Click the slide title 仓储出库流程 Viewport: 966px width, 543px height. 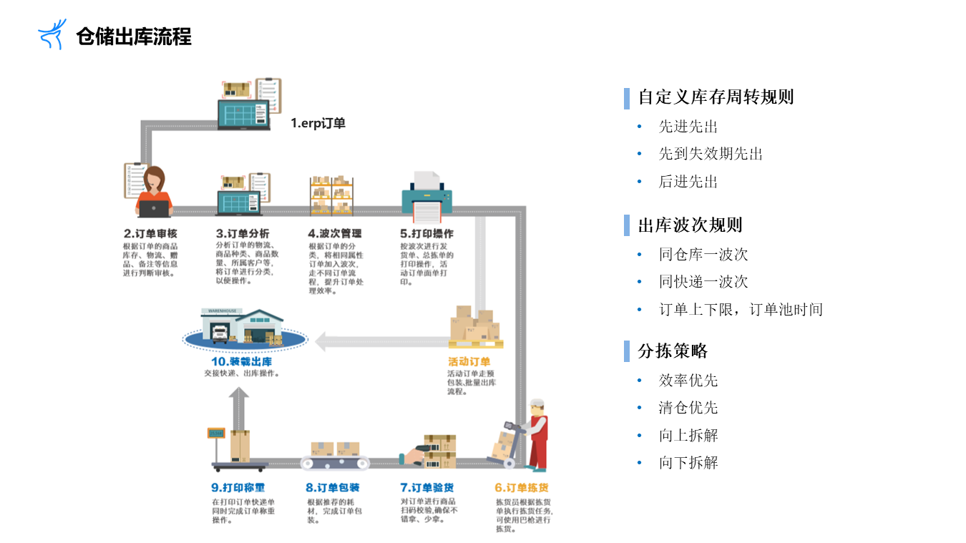pos(134,36)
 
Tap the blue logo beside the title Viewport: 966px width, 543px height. pos(52,34)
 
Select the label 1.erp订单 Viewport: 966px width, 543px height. pos(318,123)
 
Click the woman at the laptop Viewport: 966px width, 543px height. pos(154,192)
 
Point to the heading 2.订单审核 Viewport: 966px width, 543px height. pos(150,233)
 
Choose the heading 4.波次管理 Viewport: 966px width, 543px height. pos(335,233)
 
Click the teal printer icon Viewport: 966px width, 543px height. pos(427,196)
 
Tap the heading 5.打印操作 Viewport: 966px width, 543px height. pos(426,233)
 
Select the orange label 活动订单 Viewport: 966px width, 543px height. pos(469,361)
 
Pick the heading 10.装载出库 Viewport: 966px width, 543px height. pos(241,361)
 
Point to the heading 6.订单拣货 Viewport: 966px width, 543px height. pos(522,488)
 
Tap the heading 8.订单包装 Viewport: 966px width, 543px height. pos(333,488)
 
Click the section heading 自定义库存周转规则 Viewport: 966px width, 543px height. pos(716,97)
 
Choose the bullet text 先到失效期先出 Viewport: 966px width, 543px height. pos(711,154)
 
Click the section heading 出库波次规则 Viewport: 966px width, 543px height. pos(690,225)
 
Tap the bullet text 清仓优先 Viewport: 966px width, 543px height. pos(688,408)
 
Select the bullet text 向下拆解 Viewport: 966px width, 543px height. pos(688,463)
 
